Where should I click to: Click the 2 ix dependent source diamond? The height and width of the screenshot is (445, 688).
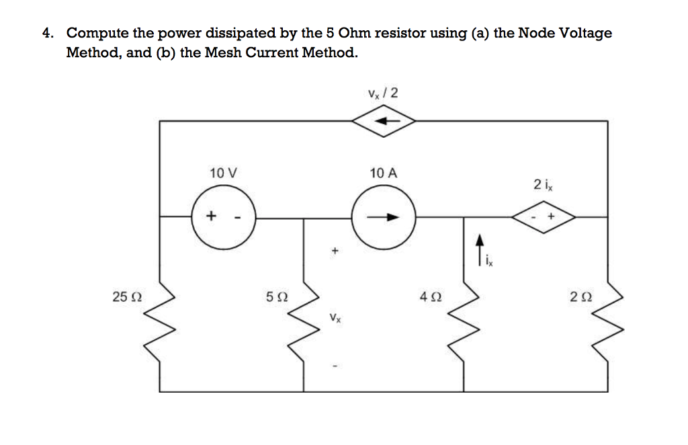point(544,217)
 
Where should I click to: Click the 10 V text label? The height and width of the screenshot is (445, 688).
point(222,173)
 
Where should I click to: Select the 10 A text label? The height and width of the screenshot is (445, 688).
point(384,173)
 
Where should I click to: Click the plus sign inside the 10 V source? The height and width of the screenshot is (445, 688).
point(211,216)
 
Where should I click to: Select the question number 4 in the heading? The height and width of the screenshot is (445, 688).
point(46,33)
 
